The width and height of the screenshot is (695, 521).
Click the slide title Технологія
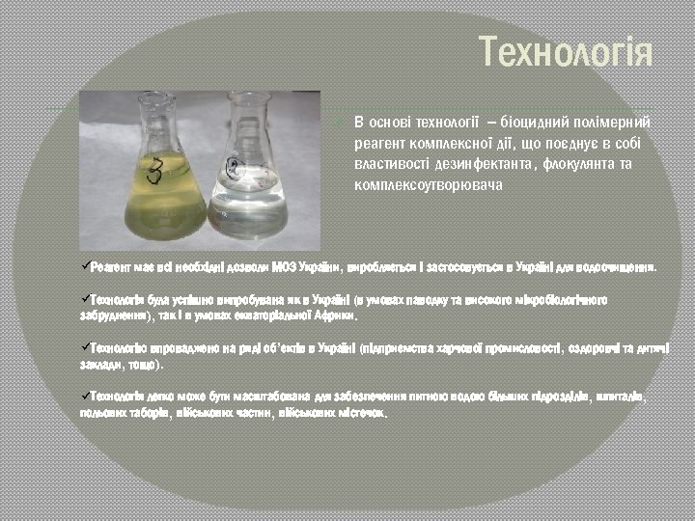click(566, 52)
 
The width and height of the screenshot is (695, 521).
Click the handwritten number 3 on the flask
click(153, 173)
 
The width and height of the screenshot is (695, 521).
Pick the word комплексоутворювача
click(429, 183)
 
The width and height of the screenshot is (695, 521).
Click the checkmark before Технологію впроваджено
click(85, 347)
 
